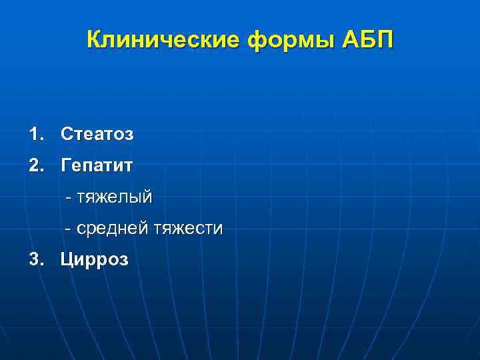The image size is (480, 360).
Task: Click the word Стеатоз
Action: click(97, 134)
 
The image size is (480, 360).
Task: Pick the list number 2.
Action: click(35, 165)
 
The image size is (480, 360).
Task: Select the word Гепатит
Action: click(97, 165)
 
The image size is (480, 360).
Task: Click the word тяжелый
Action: click(114, 197)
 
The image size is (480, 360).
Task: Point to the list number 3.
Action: click(35, 259)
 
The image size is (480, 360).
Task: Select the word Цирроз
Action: click(94, 259)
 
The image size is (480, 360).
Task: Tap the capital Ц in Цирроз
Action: click(67, 259)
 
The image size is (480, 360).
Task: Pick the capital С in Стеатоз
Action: click(67, 134)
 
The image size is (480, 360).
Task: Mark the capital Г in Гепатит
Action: click(66, 165)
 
